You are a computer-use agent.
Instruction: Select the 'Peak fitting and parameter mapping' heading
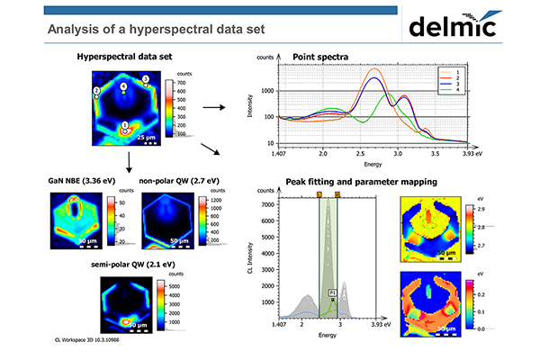pyautogui.click(x=352, y=182)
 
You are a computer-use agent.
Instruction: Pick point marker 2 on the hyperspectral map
pyautogui.click(x=96, y=92)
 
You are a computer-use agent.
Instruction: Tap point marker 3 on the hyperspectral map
pyautogui.click(x=147, y=79)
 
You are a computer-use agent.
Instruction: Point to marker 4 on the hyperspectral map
pyautogui.click(x=124, y=86)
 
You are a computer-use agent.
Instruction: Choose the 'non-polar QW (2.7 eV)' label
pyautogui.click(x=175, y=181)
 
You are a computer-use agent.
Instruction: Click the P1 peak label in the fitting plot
pyautogui.click(x=332, y=292)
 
